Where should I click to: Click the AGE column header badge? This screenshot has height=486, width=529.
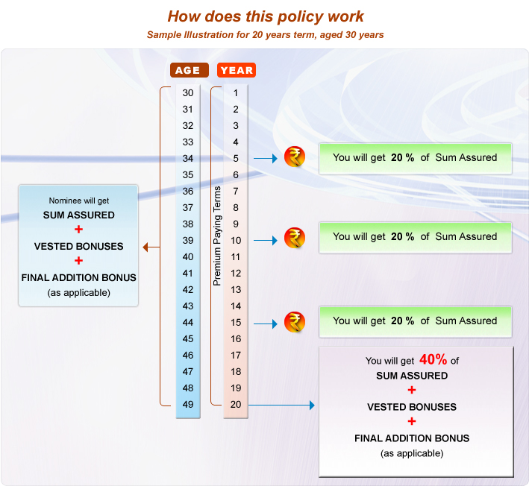pyautogui.click(x=188, y=70)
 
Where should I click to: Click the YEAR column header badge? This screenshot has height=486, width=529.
pyautogui.click(x=237, y=70)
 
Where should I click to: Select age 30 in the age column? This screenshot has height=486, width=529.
pyautogui.click(x=188, y=93)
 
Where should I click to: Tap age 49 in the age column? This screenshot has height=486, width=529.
pyautogui.click(x=188, y=404)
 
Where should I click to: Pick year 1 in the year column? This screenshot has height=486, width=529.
pyautogui.click(x=236, y=93)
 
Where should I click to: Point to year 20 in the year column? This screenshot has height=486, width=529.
pyautogui.click(x=236, y=404)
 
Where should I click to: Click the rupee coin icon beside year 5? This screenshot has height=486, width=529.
pyautogui.click(x=295, y=158)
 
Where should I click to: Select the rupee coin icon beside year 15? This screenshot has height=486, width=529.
pyautogui.click(x=295, y=322)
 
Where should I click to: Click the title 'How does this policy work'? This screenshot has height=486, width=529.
pyautogui.click(x=266, y=16)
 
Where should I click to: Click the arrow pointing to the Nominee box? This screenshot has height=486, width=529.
pyautogui.click(x=149, y=247)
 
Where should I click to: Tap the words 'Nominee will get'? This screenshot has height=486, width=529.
pyautogui.click(x=78, y=201)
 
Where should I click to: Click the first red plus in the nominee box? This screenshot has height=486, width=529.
pyautogui.click(x=78, y=230)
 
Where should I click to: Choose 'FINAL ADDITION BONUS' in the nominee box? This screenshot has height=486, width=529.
pyautogui.click(x=78, y=277)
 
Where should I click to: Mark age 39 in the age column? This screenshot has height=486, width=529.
pyautogui.click(x=188, y=241)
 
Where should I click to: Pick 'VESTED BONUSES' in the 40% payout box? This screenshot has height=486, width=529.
pyautogui.click(x=412, y=407)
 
